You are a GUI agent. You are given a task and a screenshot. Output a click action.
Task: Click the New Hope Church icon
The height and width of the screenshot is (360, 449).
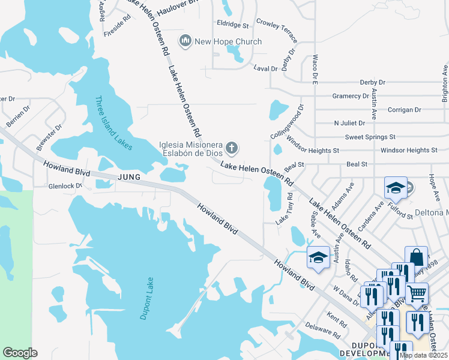tap(185, 41)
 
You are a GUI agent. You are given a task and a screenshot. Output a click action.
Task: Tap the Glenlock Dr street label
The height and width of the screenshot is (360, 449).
tap(65, 186)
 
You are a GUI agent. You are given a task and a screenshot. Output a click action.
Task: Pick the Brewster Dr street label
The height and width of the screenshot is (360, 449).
tap(49, 137)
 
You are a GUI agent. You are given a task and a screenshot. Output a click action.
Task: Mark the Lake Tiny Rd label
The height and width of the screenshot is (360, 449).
tap(284, 209)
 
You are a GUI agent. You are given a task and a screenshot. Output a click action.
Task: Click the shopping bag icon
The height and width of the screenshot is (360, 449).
tap(416, 256)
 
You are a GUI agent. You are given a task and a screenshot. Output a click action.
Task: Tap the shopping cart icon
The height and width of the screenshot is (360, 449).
tap(417, 293)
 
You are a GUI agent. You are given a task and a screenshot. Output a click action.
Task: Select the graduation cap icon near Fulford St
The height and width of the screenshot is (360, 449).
tap(396, 188)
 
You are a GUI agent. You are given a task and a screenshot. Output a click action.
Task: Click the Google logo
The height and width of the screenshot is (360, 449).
tap(20, 352)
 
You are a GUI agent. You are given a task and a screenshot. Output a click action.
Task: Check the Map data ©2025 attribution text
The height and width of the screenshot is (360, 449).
tap(423, 355)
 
